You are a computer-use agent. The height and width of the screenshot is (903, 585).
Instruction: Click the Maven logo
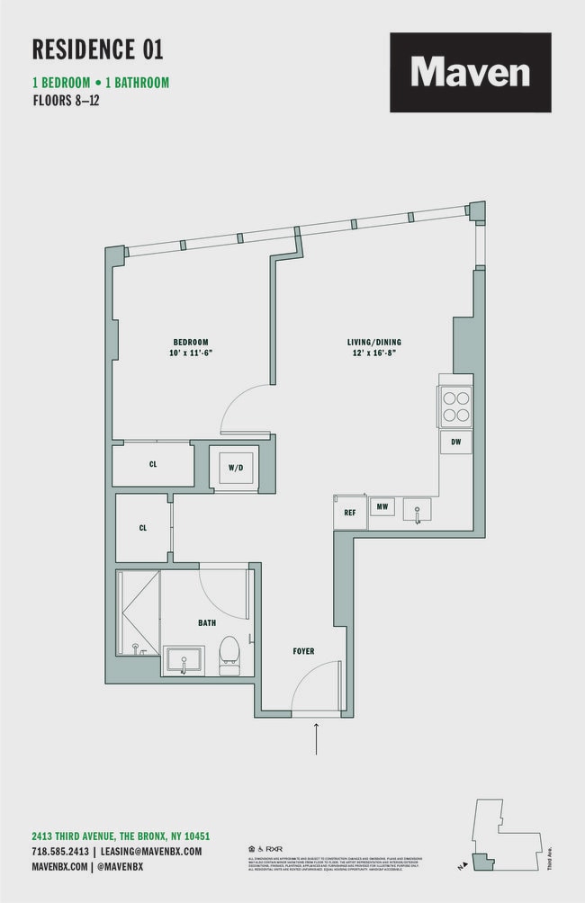(470, 72)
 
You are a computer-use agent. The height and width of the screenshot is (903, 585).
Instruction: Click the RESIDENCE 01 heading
(97, 49)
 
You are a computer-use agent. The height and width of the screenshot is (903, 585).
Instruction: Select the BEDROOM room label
(191, 342)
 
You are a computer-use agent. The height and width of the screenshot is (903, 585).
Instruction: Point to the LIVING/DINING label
(373, 342)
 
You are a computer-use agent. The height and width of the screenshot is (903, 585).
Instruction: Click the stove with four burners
(455, 404)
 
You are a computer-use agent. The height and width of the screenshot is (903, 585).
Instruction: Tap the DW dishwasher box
(455, 443)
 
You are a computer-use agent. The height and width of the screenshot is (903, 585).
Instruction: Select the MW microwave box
(382, 507)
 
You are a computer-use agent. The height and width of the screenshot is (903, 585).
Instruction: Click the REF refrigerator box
(349, 512)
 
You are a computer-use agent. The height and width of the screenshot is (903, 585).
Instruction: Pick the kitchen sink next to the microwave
(417, 510)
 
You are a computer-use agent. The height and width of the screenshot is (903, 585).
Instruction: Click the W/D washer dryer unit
(235, 468)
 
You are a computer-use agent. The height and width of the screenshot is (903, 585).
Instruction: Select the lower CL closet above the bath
(142, 528)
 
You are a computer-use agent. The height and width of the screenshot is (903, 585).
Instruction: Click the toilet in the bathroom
(229, 655)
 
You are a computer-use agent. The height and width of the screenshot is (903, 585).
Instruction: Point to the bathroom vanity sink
(184, 660)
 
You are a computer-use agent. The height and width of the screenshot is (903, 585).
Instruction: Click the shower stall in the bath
(138, 612)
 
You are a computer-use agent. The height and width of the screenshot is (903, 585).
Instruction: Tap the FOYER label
(303, 651)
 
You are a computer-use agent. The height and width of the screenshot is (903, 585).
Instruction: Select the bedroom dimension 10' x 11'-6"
(191, 353)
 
